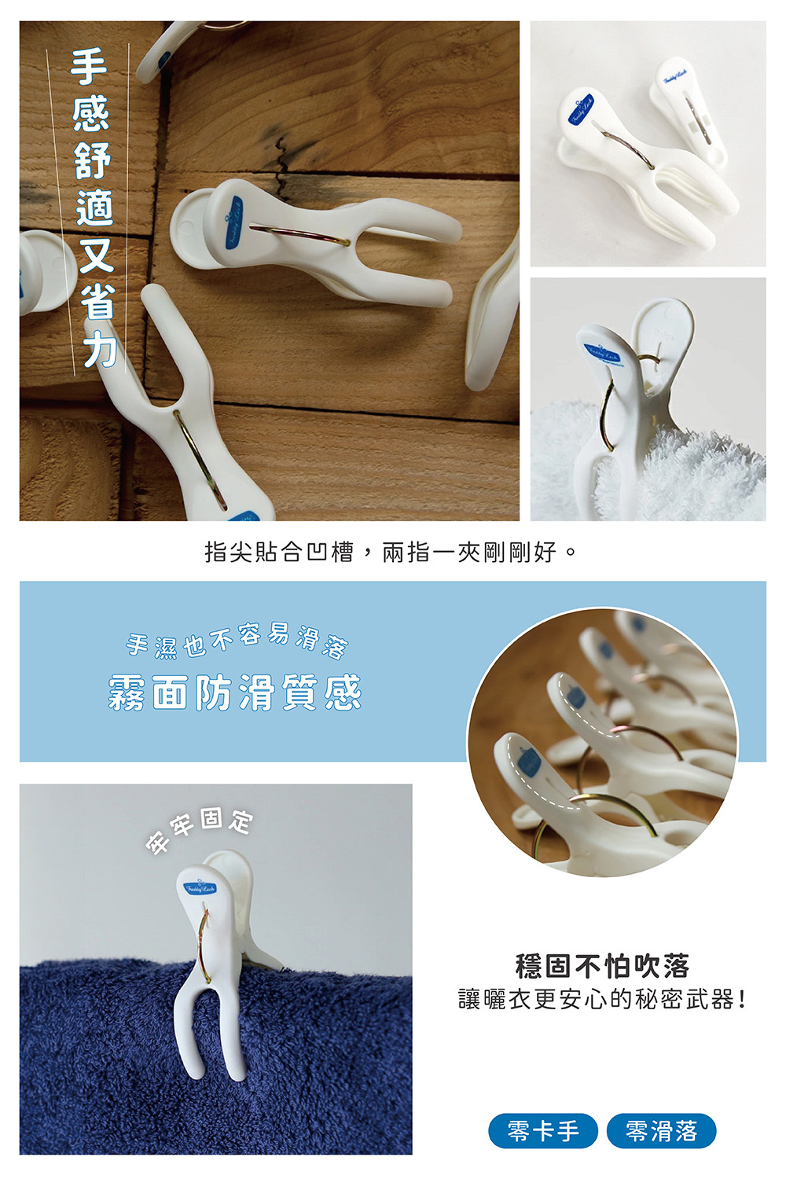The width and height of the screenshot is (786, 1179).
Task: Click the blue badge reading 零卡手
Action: point(543,1131)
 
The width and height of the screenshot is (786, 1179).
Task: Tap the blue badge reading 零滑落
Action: point(662,1131)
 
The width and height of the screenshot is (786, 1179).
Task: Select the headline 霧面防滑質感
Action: point(235,692)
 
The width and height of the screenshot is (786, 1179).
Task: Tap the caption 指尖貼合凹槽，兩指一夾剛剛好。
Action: point(391,552)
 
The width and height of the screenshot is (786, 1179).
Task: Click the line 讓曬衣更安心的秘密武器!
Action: point(602,1000)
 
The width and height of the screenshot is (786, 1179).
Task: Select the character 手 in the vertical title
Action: point(90,67)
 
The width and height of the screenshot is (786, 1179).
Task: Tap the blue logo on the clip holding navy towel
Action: point(199,887)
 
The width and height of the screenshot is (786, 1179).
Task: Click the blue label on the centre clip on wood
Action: point(233,224)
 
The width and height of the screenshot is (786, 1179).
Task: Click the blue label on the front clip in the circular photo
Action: point(531,763)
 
